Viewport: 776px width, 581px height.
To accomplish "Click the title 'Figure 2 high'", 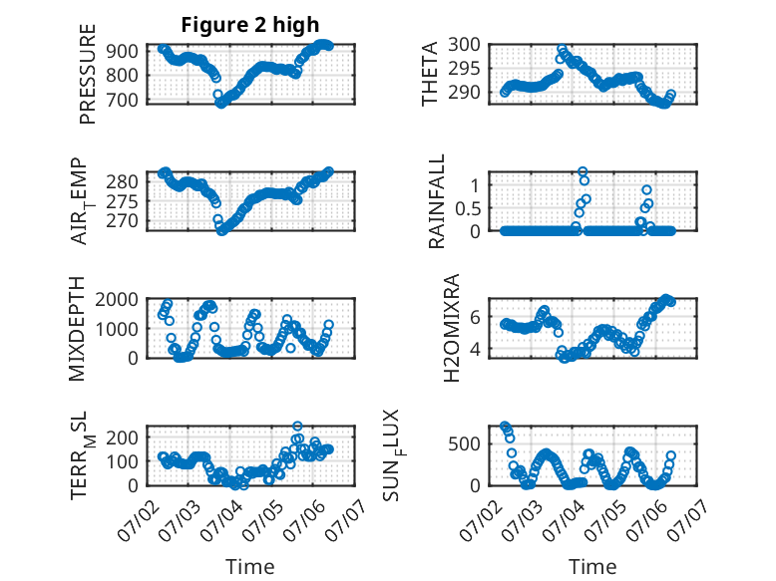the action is [x=250, y=25].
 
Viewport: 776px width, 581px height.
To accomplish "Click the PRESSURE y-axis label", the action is [x=87, y=74].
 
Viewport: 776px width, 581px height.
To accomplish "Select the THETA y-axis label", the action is [x=430, y=74].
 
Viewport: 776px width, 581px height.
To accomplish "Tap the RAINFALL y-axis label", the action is [x=437, y=201].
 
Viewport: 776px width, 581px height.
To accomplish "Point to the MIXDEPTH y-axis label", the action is [x=77, y=329].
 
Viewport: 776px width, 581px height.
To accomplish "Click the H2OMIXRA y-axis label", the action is [x=451, y=328].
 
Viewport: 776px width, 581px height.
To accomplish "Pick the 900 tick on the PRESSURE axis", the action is [x=123, y=51].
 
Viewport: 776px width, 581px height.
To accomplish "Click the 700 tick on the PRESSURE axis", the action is [x=123, y=100].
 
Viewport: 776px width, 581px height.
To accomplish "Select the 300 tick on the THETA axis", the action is [x=464, y=45].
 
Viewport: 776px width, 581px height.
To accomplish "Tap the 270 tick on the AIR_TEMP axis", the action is [x=123, y=221].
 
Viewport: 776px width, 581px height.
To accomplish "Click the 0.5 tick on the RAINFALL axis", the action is [x=468, y=208].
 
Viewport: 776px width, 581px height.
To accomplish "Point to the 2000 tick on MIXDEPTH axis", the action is [x=117, y=299].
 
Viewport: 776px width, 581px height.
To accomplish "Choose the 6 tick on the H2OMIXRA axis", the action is [x=475, y=317].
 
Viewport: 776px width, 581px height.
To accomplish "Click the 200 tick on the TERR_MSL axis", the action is [x=123, y=437].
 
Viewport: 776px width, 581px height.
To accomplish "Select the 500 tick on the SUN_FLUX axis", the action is [x=464, y=444].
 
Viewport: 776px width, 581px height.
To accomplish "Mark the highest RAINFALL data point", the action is [x=582, y=171].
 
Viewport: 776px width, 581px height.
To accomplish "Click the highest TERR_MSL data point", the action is [x=297, y=426].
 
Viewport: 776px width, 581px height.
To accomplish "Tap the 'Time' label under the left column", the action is [x=250, y=567].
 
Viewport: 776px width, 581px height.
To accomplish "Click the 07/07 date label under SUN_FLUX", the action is [x=687, y=519].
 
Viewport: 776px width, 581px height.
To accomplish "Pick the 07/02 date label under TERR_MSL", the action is [x=137, y=519].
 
